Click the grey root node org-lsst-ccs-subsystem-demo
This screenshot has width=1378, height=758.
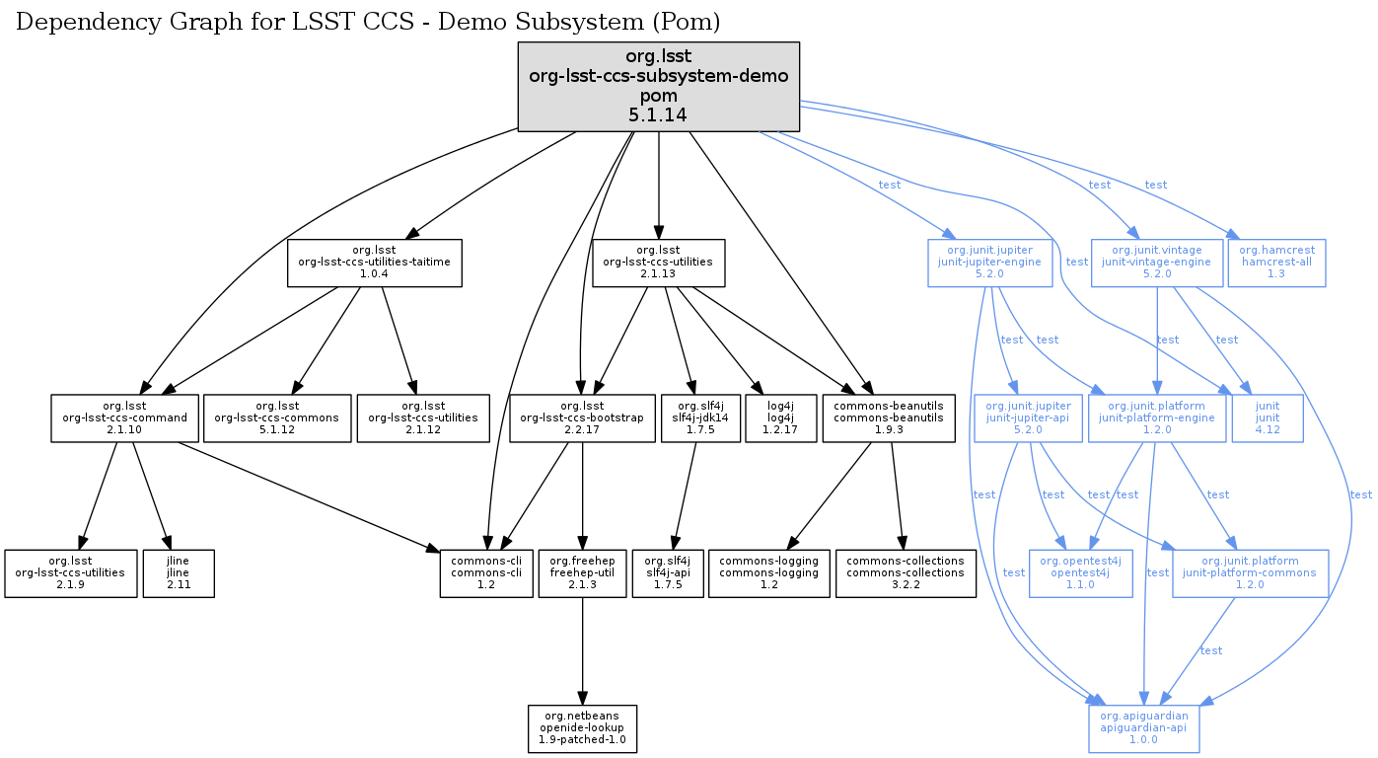658,86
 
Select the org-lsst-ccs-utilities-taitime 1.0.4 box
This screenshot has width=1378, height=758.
375,263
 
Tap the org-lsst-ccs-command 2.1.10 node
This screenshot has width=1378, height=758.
124,418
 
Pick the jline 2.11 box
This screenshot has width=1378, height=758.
179,572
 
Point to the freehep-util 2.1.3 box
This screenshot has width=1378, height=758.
582,572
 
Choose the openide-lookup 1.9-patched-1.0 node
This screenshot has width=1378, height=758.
582,728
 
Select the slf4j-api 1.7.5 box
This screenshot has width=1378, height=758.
672,572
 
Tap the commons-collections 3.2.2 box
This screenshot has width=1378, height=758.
906,572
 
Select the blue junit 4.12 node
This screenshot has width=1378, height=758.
1268,418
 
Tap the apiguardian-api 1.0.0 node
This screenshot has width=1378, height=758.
1144,728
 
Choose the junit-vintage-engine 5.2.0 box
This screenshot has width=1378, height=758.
1156,263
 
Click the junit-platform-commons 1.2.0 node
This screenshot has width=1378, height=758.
1249,572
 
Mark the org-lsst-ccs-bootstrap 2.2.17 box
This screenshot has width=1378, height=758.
582,418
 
